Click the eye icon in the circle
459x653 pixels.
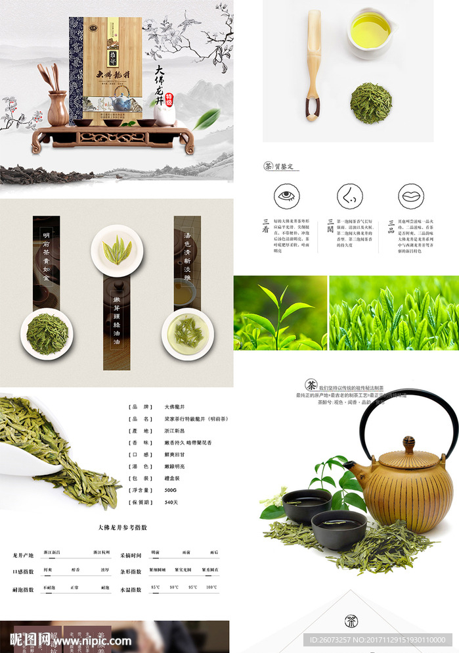pyautogui.click(x=286, y=196)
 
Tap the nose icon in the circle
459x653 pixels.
pyautogui.click(x=349, y=196)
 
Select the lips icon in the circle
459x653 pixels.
pyautogui.click(x=410, y=196)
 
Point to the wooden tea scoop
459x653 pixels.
pyautogui.click(x=313, y=66)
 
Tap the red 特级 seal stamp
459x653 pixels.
pyautogui.click(x=169, y=97)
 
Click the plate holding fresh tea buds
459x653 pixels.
pyautogui.click(x=118, y=251)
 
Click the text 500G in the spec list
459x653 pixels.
pyautogui.click(x=171, y=491)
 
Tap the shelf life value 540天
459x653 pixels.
pyautogui.click(x=171, y=502)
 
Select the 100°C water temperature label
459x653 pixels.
pyautogui.click(x=211, y=587)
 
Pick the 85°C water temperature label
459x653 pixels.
pyautogui.click(x=156, y=587)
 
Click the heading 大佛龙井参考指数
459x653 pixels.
pyautogui.click(x=122, y=527)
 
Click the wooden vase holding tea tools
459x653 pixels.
pyautogui.click(x=58, y=109)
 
